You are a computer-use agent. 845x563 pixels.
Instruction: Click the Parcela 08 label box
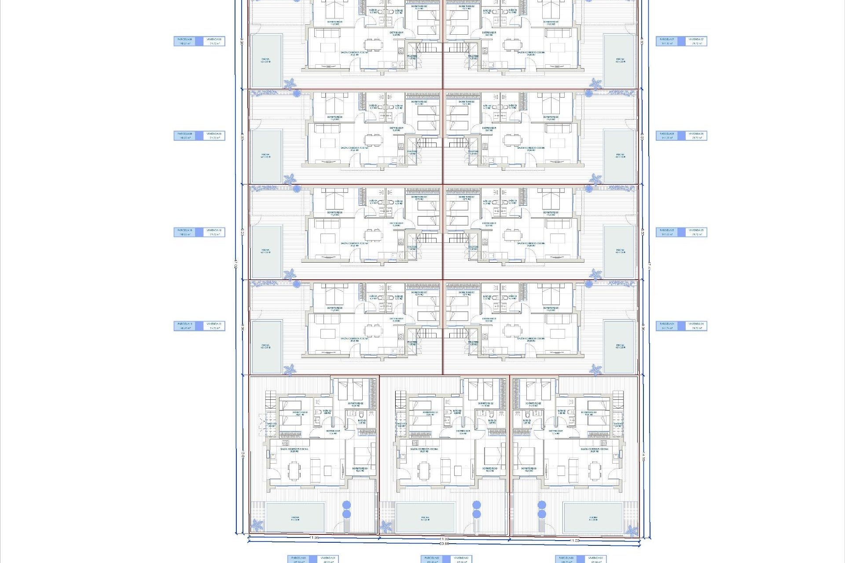click(185, 41)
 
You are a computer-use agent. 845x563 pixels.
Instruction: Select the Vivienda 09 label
click(214, 135)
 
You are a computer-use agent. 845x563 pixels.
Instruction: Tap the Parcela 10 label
click(185, 232)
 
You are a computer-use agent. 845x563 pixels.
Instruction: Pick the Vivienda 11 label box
click(214, 326)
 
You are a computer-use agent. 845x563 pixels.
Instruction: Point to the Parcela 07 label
click(667, 41)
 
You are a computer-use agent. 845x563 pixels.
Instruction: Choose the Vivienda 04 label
click(696, 326)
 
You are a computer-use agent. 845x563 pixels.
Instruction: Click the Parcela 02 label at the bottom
click(432, 559)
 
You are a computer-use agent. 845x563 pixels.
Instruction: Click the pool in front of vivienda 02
click(425, 517)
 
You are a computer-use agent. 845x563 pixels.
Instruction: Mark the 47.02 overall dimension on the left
click(236, 264)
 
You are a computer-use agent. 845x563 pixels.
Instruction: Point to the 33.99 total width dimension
click(445, 544)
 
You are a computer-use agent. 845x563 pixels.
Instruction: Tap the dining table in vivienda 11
click(373, 329)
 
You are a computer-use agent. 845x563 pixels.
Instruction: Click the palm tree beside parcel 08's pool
click(290, 84)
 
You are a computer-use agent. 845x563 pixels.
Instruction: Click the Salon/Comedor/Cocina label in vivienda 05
click(531, 244)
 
